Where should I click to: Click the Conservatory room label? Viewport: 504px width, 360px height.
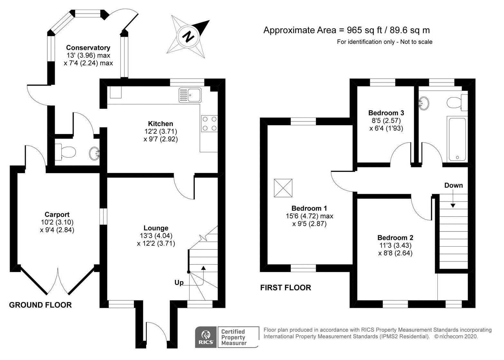point(88,48)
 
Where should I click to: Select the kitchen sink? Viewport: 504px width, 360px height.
point(190,95)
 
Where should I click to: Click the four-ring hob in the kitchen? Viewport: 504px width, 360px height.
point(210,124)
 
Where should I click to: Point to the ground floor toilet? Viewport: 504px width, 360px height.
point(65,152)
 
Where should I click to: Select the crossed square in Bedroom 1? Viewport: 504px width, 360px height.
point(283,188)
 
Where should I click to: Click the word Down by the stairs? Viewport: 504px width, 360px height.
point(453,185)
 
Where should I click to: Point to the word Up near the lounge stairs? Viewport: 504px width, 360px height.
point(179,283)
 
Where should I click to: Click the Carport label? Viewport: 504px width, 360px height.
point(57,214)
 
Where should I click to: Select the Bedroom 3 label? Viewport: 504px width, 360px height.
point(386,113)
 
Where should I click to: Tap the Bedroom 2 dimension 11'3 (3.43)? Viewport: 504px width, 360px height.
point(396,245)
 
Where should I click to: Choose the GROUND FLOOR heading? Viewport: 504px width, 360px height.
point(40,305)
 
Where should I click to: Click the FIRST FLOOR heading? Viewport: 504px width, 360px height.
point(286,288)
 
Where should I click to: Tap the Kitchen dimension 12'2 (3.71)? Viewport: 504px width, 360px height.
point(160,131)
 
